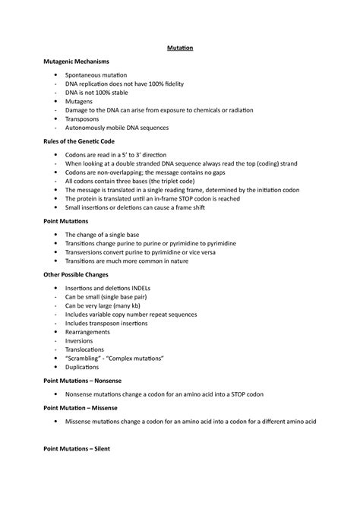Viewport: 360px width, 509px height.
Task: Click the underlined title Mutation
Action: click(180, 49)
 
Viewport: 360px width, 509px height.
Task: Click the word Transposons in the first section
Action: click(86, 119)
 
